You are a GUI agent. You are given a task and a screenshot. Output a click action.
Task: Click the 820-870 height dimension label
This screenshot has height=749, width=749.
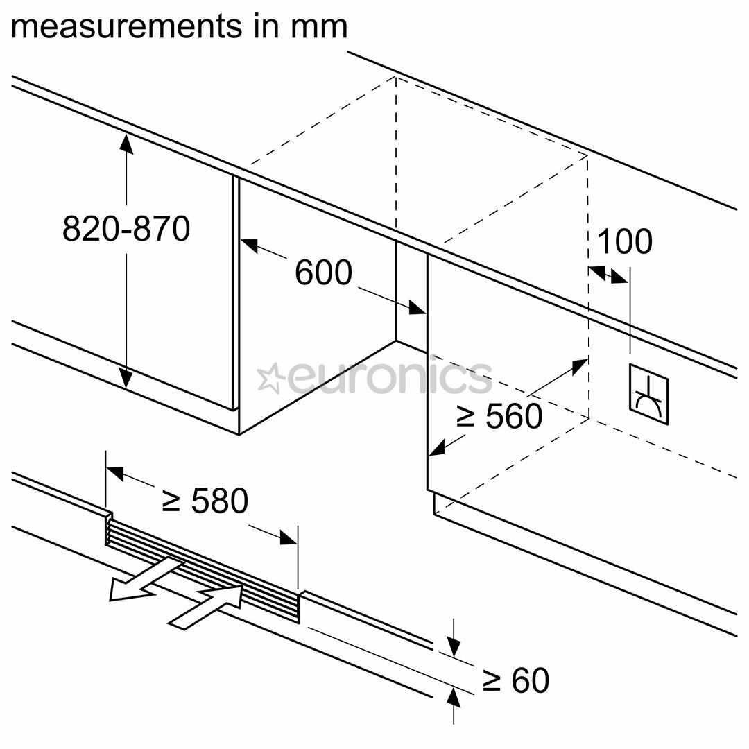pos(126,228)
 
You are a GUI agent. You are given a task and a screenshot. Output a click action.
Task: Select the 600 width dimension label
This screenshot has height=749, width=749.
pos(323,273)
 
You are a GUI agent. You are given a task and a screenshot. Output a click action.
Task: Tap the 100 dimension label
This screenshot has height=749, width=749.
pos(624,241)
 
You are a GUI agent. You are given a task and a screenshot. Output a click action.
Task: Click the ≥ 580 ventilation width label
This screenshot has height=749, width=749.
pos(205,501)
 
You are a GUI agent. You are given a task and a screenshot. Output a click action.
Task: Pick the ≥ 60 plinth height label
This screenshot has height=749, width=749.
pos(516,680)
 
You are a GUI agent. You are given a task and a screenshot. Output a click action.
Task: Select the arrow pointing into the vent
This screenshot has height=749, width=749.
pos(208,605)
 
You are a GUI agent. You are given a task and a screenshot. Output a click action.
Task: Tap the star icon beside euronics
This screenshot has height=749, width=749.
pos(270,379)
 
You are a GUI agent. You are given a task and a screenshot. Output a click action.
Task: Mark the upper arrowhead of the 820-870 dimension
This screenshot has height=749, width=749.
pos(126,141)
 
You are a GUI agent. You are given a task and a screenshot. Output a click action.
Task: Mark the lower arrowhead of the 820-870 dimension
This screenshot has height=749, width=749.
pos(126,379)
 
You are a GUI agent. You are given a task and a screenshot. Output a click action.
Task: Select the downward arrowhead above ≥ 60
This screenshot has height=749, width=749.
pos(453,648)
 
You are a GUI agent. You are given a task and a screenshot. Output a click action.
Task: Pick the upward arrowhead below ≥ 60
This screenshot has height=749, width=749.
pos(453,694)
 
